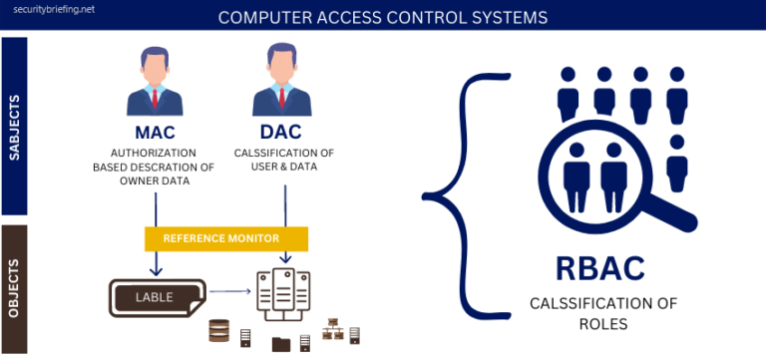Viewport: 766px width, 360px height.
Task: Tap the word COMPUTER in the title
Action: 266,17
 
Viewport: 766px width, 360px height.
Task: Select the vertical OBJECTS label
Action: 15,290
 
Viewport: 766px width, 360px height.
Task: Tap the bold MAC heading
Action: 156,134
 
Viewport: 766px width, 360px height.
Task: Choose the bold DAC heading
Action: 283,134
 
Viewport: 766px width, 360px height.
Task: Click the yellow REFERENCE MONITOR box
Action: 226,239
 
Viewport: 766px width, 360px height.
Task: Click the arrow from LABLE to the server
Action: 228,291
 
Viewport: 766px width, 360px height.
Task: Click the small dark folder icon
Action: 281,344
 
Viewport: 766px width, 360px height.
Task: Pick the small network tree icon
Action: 332,332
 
